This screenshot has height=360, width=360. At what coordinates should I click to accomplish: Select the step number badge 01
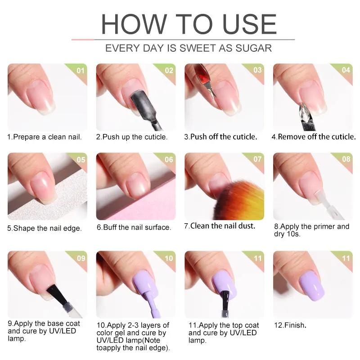[x=81, y=71]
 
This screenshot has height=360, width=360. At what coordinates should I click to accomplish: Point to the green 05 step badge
[x=81, y=160]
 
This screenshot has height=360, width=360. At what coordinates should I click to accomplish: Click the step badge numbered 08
[x=346, y=159]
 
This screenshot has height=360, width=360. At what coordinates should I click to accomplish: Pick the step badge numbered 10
[x=169, y=258]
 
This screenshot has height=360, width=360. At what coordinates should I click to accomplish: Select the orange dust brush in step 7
[x=241, y=200]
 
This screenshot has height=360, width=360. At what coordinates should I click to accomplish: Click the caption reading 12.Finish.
[x=290, y=324]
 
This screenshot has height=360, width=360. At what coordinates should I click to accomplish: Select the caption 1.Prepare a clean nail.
[x=45, y=137]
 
